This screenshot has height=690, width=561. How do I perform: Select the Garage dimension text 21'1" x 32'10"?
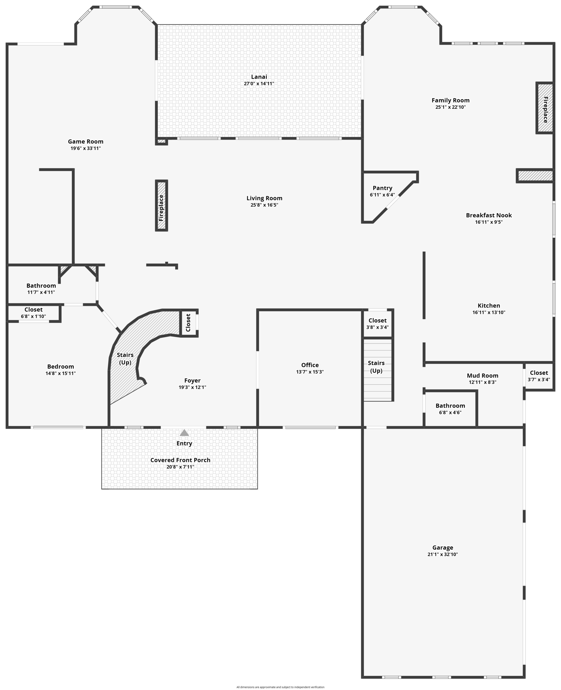[443, 554]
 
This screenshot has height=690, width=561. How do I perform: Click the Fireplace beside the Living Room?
[162, 205]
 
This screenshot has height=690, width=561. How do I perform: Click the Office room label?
[310, 365]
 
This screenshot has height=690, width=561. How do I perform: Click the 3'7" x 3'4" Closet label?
[539, 373]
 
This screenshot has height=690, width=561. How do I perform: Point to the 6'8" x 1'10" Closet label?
[34, 309]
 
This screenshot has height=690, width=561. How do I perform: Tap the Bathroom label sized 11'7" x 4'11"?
[41, 286]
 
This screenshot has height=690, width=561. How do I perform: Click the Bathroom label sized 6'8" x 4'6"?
[450, 406]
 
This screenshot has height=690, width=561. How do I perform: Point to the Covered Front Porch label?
[180, 460]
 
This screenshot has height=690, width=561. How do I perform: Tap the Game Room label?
[86, 142]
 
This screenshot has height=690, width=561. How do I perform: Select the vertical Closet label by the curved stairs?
[188, 323]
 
